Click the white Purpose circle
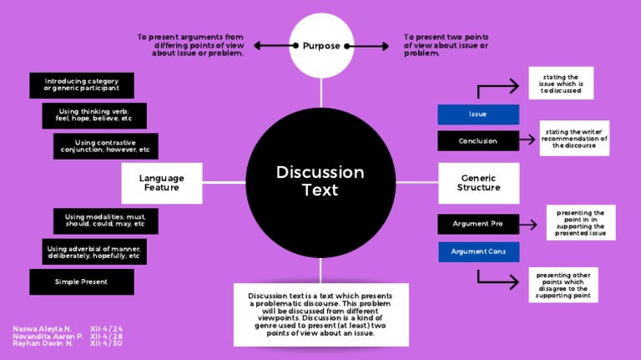tap(320, 45)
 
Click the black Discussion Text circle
tap(320, 180)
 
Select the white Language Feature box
tap(161, 182)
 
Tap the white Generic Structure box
tap(478, 182)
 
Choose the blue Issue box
tap(478, 114)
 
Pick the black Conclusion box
tap(478, 141)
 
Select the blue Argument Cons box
tap(478, 251)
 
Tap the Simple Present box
tap(81, 281)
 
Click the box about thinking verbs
tap(93, 115)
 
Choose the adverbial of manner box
tap(93, 251)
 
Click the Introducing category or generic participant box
tap(81, 85)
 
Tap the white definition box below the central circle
tap(320, 314)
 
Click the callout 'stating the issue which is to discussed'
tap(561, 84)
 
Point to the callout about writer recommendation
tap(574, 138)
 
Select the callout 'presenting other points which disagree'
tap(563, 285)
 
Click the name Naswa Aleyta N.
tap(43, 329)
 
